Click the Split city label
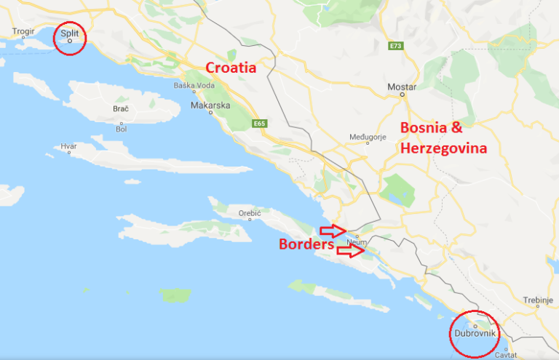pos(70,33)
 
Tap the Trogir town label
pos(23,32)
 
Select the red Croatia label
pos(231,68)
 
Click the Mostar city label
pos(402,87)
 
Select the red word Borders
pos(306,244)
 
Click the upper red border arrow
pos(332,231)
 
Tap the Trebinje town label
pos(539,299)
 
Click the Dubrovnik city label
pos(475,333)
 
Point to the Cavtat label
pos(503,355)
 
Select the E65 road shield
pos(260,124)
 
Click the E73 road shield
pos(396,46)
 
